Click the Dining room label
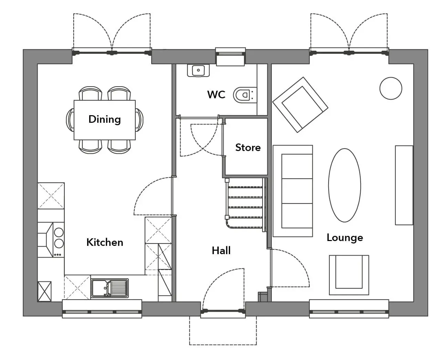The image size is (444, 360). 104,119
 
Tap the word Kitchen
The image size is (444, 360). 105,242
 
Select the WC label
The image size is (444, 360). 216,94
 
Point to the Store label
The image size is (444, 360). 248,148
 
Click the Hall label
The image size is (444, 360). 221,250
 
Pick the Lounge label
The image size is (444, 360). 345,238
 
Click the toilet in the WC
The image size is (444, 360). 245,95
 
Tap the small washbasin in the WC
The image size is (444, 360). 198,70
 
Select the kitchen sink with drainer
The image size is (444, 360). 110,288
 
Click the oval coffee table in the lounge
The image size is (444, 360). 344,185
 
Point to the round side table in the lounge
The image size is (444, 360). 391,88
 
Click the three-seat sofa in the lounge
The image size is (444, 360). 293,191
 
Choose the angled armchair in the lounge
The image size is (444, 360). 300,105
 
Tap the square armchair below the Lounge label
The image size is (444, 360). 349,275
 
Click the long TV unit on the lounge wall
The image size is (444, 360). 404,185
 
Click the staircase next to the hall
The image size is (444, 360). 245,204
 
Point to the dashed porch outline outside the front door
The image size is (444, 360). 223,345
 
